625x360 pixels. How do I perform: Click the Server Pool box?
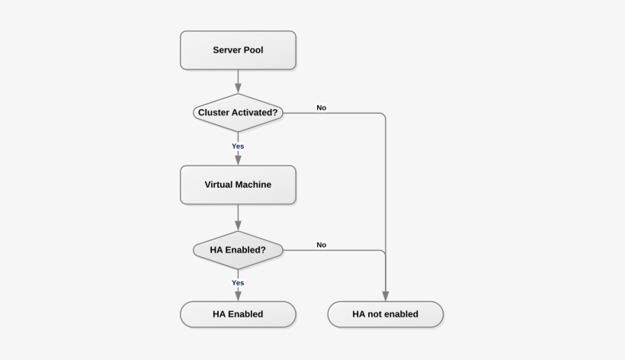(x=238, y=50)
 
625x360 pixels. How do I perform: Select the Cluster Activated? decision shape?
(x=238, y=113)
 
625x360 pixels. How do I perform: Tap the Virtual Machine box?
(x=238, y=185)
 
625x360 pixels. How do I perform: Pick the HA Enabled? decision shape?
(x=238, y=249)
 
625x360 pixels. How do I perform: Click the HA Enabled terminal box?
(x=238, y=313)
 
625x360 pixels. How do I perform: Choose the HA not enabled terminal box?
(x=385, y=313)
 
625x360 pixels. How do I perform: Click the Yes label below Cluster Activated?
(x=238, y=146)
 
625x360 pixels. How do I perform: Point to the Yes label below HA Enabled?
(x=238, y=282)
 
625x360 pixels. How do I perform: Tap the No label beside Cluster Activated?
(x=322, y=108)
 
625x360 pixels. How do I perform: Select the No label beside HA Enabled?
(x=322, y=245)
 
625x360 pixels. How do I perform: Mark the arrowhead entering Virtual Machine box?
(x=238, y=160)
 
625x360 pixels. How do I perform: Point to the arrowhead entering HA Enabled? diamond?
(x=238, y=227)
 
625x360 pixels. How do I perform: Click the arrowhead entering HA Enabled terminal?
(x=238, y=297)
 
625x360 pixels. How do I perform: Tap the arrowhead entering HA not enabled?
(x=385, y=297)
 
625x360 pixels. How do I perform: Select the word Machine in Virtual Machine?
(x=253, y=185)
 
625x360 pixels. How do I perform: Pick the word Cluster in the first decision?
(x=215, y=113)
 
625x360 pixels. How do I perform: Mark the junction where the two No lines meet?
(x=385, y=250)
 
